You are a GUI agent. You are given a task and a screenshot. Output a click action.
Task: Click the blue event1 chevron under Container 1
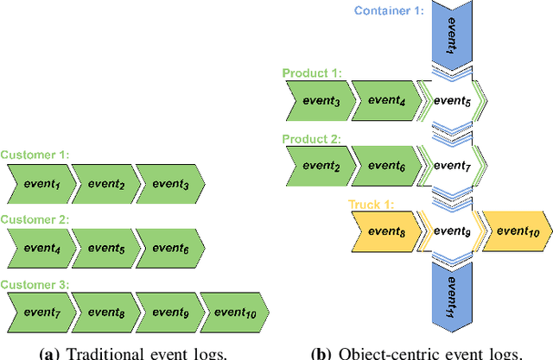[453, 35]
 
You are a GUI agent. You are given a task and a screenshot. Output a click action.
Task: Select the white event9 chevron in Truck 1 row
[453, 231]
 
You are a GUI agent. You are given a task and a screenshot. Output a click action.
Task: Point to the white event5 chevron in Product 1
[453, 101]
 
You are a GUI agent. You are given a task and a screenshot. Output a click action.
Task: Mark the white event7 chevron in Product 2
[453, 165]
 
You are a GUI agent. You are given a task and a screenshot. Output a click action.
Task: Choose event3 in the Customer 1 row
[169, 183]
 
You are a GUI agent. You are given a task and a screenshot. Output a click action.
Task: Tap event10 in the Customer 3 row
[235, 312]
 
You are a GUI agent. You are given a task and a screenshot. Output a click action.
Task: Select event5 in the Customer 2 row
[105, 247]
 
